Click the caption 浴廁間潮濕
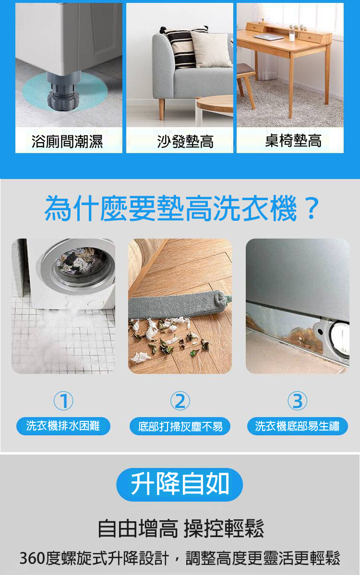point(67,141)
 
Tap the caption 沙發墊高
point(185,141)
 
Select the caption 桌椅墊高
point(293,141)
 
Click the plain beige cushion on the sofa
point(211,49)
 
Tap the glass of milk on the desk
point(292,35)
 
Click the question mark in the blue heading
point(312,208)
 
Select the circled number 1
point(63,400)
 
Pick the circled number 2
point(180,400)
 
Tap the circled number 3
point(297,400)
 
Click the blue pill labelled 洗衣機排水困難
point(63,426)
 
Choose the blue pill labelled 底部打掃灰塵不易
point(180,426)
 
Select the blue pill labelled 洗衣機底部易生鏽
point(297,426)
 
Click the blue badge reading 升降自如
point(180,484)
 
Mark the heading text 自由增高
point(138,529)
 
